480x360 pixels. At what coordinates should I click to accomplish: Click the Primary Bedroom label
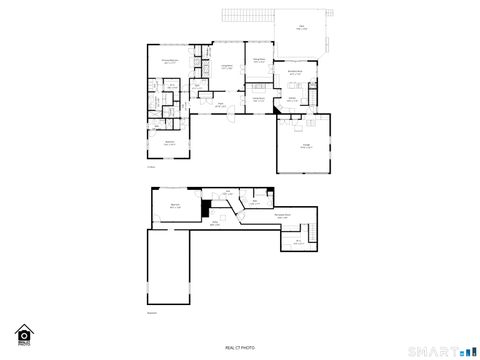pos(170,62)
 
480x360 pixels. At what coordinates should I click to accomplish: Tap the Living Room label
pos(227,67)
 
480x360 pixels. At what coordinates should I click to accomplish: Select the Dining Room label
pos(259,61)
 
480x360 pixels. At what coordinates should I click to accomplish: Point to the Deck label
pos(302,28)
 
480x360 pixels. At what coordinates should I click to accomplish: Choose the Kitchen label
pos(293,98)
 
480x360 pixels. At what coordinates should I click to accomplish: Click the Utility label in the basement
pos(298,241)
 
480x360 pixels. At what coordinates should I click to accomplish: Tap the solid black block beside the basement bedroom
pos(205,210)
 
